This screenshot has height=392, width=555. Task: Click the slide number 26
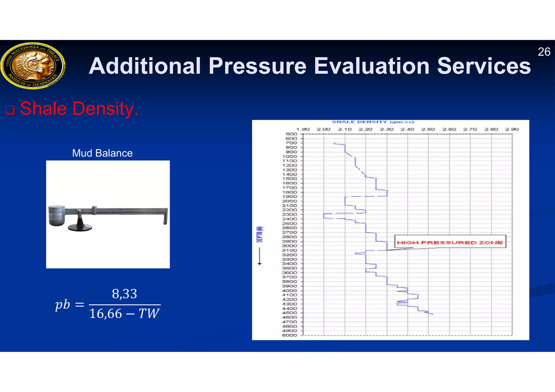coord(544,52)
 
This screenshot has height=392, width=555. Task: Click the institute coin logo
coord(33,66)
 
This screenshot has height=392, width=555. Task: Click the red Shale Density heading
coord(79,109)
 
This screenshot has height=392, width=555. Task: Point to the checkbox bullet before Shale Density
coord(10,110)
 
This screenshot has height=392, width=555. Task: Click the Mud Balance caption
coord(102,153)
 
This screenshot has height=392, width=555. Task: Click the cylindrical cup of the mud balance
coord(57,215)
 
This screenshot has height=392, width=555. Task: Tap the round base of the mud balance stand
coord(80,227)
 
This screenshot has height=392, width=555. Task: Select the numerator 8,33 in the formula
coord(124,294)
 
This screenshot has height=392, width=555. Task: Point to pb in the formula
coord(63,305)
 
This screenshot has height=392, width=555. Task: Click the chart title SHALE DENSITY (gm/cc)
coord(373,122)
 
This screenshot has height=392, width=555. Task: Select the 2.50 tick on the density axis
coord(428,129)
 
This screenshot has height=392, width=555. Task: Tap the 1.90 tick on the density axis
coord(303,129)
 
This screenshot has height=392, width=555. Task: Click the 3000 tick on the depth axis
coord(289,246)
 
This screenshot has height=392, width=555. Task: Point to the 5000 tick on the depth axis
coord(289,335)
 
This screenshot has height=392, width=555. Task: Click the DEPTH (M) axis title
coord(260,234)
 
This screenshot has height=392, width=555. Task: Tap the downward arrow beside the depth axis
coord(259,256)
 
